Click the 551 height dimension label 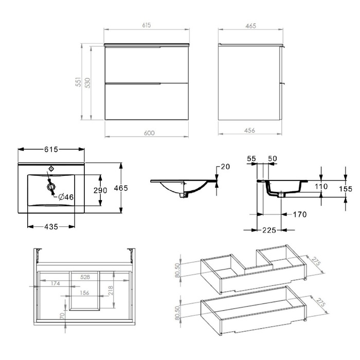(79, 82)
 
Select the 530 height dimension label (87, 83)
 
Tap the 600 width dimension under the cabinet (149, 133)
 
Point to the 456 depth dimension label (249, 131)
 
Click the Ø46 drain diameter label (66, 197)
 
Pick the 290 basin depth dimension (100, 190)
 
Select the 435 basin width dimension (51, 227)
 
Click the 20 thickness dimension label (225, 167)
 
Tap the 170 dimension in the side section (300, 214)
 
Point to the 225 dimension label (269, 230)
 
